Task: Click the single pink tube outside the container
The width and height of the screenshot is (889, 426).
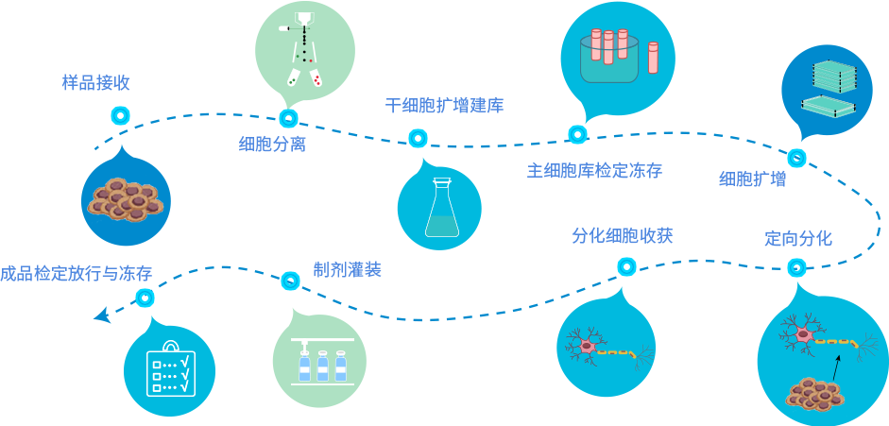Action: coord(653,57)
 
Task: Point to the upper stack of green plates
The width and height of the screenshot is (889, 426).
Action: coord(833,74)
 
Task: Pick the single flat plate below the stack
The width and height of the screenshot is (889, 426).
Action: coord(828,104)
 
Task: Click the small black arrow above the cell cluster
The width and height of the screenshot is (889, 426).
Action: coord(835,366)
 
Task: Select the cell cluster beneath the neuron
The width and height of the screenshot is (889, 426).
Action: coord(815,394)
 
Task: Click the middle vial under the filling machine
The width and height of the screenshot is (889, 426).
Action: coord(322,366)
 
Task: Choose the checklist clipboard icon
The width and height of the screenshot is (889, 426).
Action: coord(171,369)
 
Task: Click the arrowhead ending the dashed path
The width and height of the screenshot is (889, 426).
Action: coord(102,315)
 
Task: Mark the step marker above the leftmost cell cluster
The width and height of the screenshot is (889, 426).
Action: coord(120,115)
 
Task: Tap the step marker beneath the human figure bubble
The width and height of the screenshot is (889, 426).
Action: coord(288,118)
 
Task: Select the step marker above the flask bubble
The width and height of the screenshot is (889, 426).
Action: coord(418,138)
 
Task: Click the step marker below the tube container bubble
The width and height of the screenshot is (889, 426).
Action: coord(578,134)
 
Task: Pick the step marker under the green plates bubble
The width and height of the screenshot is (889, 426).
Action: coord(796,158)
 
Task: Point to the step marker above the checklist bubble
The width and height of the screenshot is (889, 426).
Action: coord(145,298)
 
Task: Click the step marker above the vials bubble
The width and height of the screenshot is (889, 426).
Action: coord(291,281)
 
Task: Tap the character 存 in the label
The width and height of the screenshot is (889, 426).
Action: coord(652,171)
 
